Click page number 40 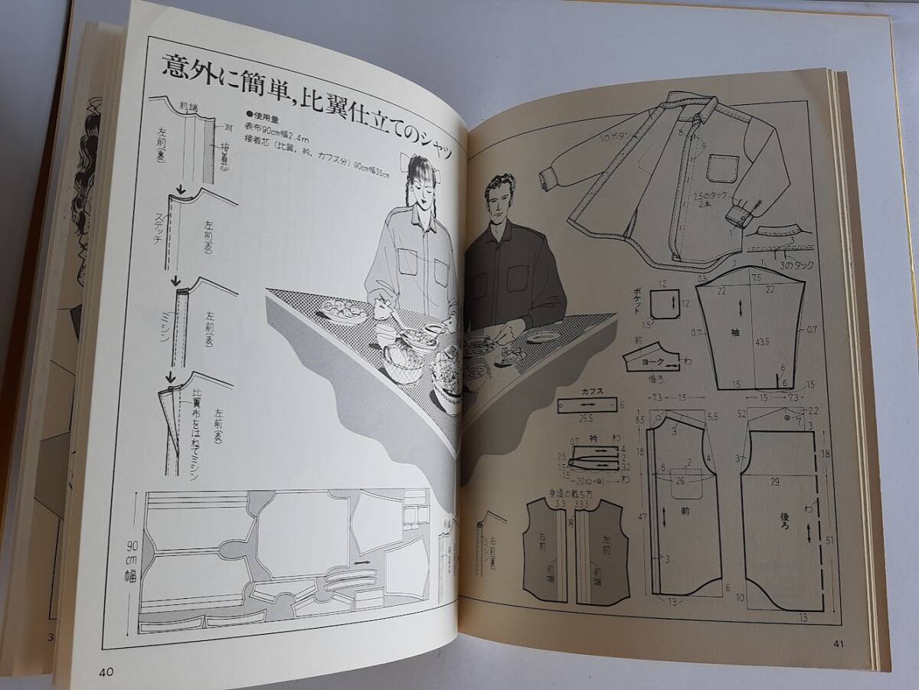click(106, 672)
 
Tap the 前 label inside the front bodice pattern click(685, 509)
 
